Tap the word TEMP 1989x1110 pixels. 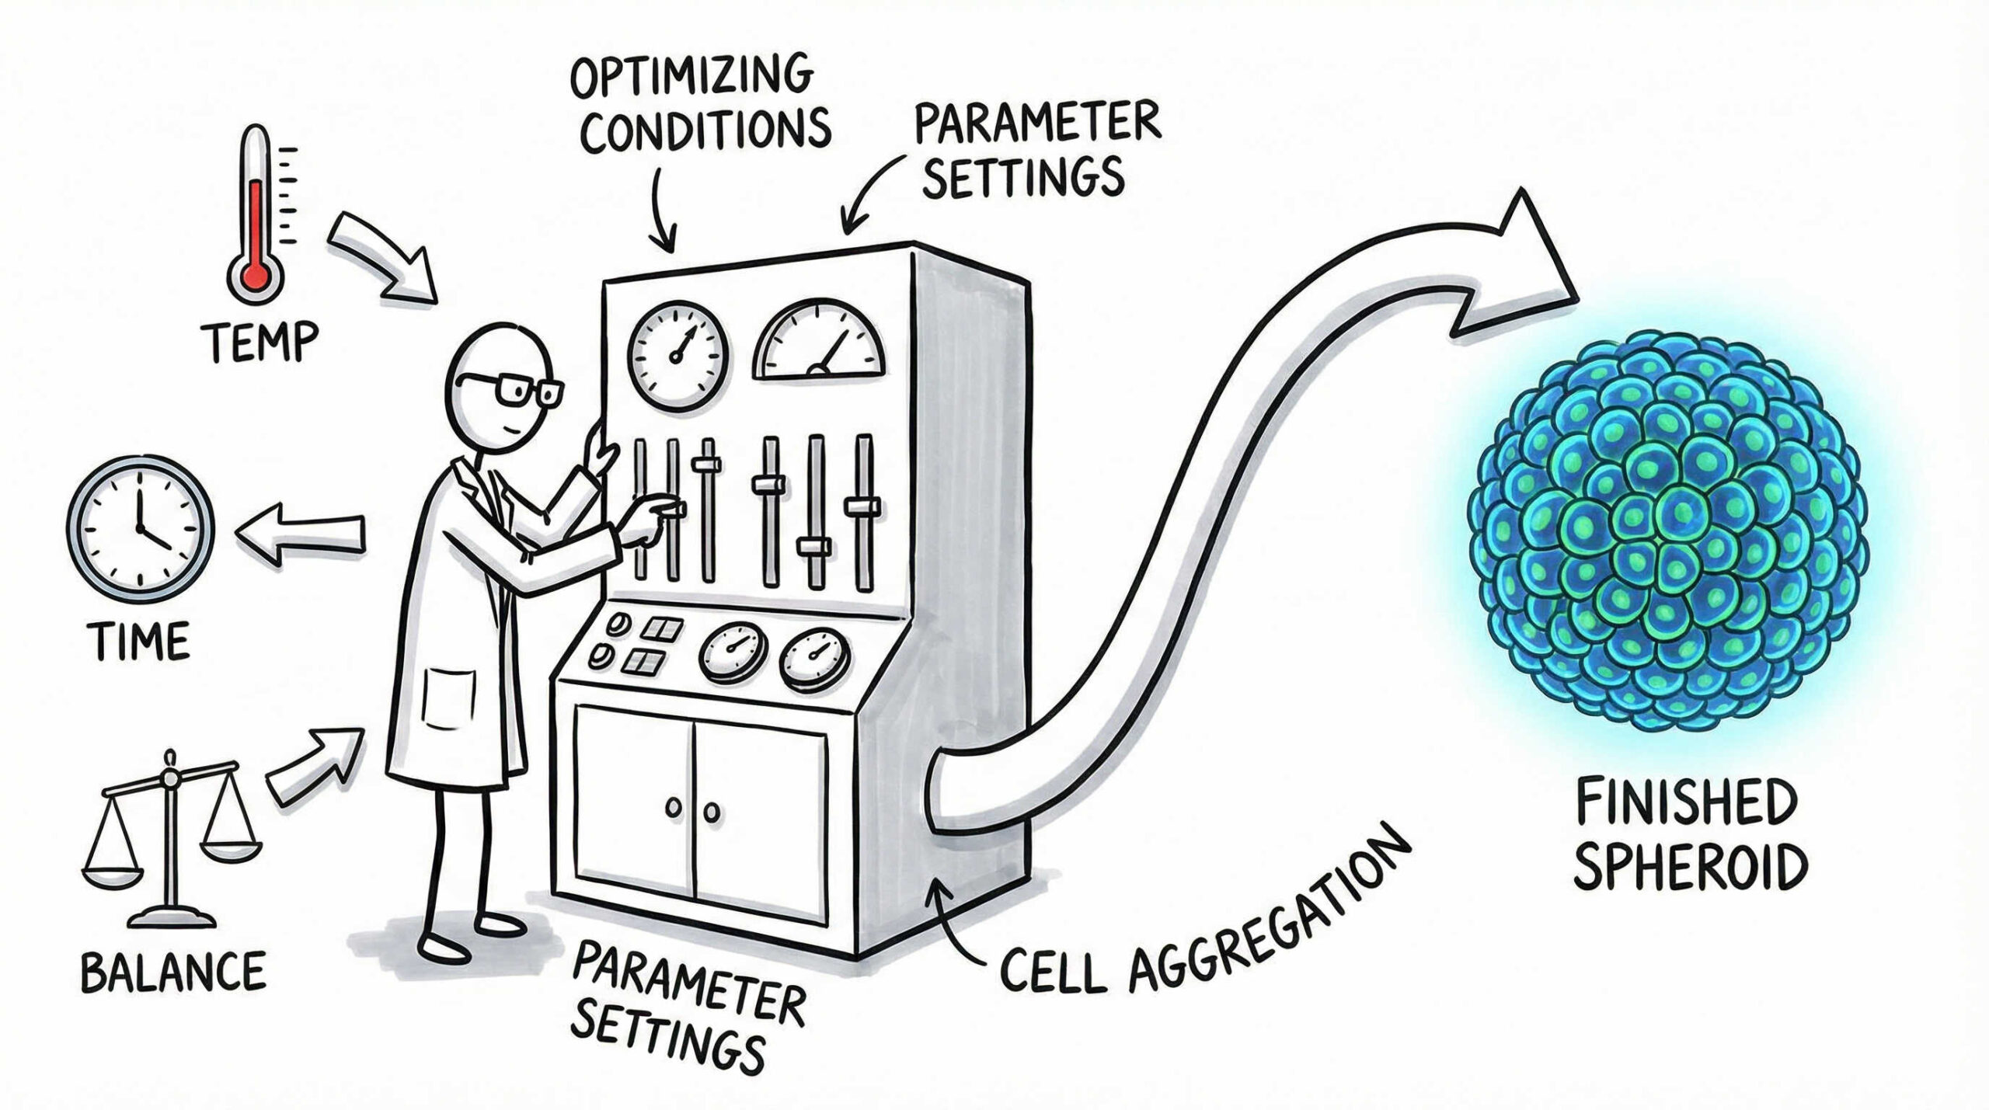pos(260,342)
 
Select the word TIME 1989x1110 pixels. pos(140,641)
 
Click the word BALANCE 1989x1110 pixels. pos(172,972)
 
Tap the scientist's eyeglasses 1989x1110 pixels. pos(509,388)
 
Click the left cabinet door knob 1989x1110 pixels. pos(674,809)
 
